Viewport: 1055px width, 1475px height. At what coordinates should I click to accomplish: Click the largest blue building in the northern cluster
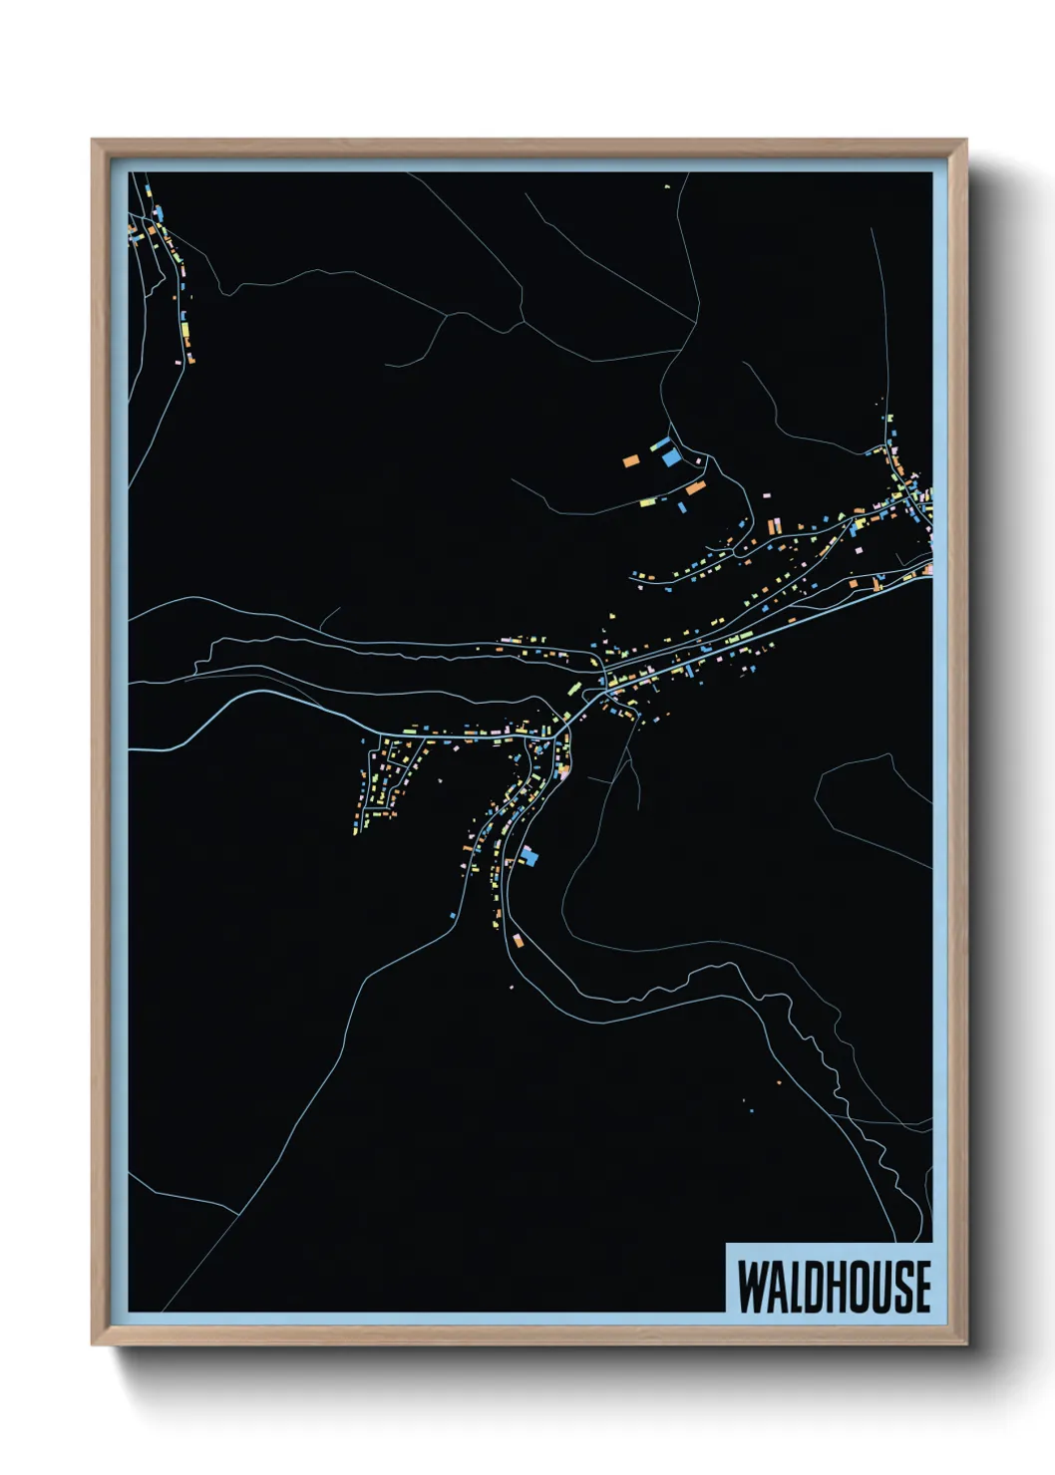click(671, 457)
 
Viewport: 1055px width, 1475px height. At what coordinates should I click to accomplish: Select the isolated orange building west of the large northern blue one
click(630, 460)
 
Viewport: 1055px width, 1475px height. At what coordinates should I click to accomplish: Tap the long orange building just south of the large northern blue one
click(694, 488)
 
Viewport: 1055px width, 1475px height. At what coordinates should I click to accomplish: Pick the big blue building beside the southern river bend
click(529, 855)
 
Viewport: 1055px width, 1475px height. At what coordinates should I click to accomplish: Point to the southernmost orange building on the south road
click(517, 939)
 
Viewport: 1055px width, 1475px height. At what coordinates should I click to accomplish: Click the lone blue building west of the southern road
click(453, 914)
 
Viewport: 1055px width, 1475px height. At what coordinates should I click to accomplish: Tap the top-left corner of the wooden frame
click(93, 141)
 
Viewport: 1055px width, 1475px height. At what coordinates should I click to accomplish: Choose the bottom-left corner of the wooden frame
click(93, 1344)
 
